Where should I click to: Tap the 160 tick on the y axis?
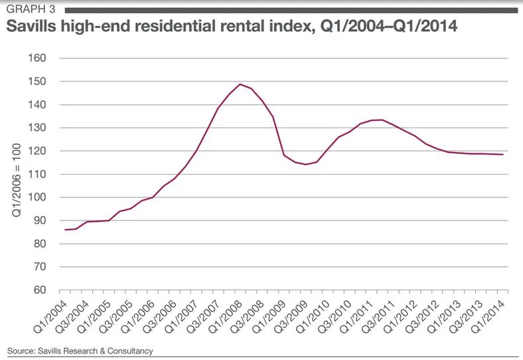(x=37, y=58)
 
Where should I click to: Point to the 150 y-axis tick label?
(x=37, y=81)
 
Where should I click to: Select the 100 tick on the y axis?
(x=37, y=197)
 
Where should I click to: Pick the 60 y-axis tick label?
(x=40, y=290)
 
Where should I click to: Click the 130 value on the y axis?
(x=37, y=128)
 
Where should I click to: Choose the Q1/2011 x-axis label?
(x=359, y=314)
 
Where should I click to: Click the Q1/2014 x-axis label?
(x=494, y=314)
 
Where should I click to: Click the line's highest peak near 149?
(x=240, y=84)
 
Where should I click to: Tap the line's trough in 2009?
(x=305, y=164)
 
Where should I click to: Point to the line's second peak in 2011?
(x=381, y=120)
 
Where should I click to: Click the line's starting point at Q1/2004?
(x=64, y=230)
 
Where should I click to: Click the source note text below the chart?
(x=80, y=350)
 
